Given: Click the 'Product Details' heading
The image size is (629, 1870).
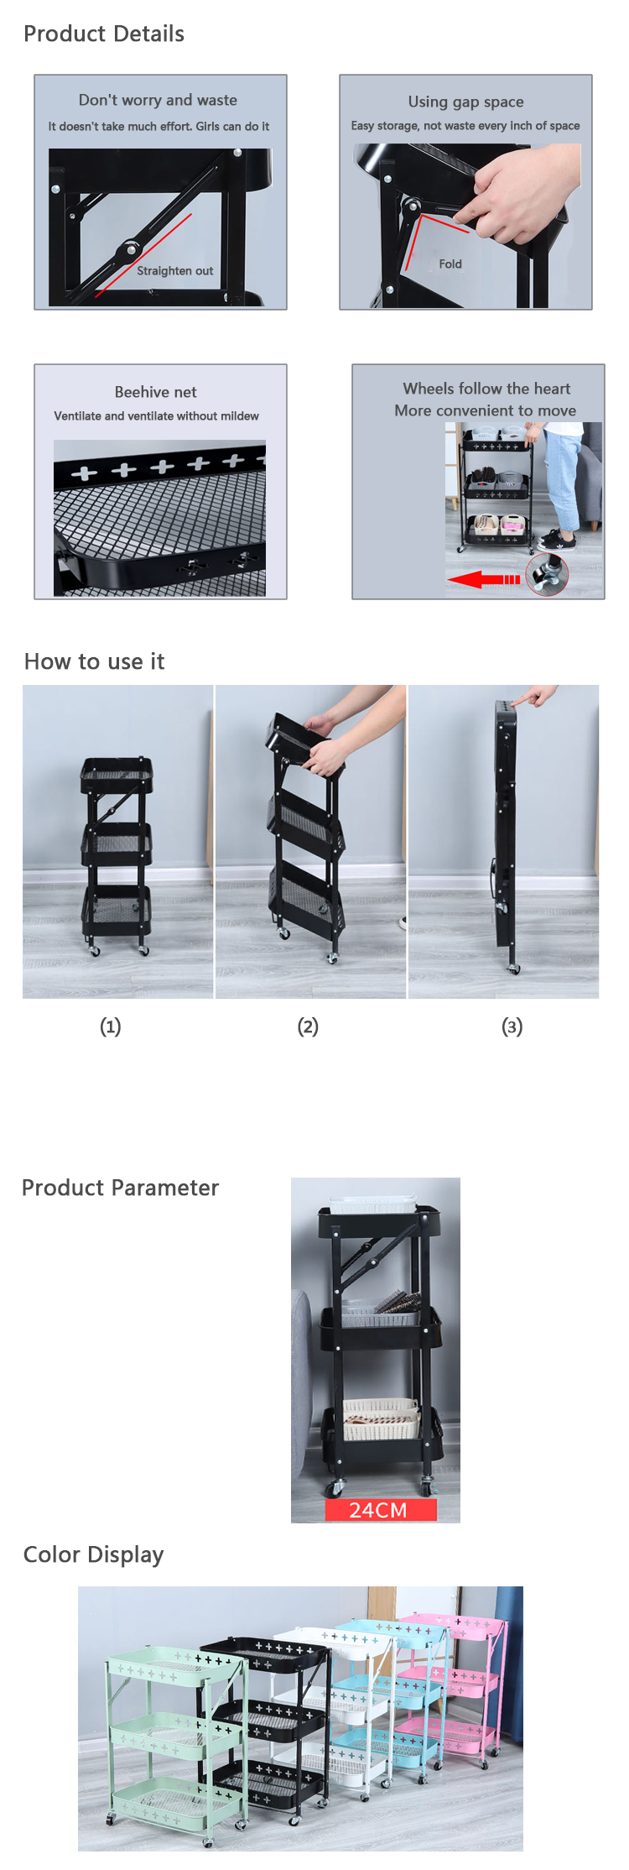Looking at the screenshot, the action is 104,34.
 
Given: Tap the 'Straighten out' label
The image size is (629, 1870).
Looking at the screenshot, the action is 175,270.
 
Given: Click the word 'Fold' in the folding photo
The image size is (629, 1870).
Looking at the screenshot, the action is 450,264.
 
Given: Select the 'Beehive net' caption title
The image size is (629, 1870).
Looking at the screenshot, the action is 156,392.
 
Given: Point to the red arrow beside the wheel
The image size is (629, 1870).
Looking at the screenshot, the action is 483,579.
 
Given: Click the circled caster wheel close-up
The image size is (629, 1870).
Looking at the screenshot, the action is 547,575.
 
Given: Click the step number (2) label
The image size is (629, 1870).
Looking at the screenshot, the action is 308,1026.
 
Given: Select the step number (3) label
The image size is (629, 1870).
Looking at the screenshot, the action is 512,1026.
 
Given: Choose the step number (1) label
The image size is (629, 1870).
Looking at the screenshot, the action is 111,1026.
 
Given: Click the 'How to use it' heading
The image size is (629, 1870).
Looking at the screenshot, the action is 95,661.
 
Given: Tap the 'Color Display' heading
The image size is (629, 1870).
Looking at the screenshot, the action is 94,1554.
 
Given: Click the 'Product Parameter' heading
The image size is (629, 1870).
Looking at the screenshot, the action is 120,1188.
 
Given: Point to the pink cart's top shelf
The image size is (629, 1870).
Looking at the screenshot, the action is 457,1626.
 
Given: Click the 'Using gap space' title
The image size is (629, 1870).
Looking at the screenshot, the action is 465,102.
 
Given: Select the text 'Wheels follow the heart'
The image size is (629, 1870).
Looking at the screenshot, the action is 486,389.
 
